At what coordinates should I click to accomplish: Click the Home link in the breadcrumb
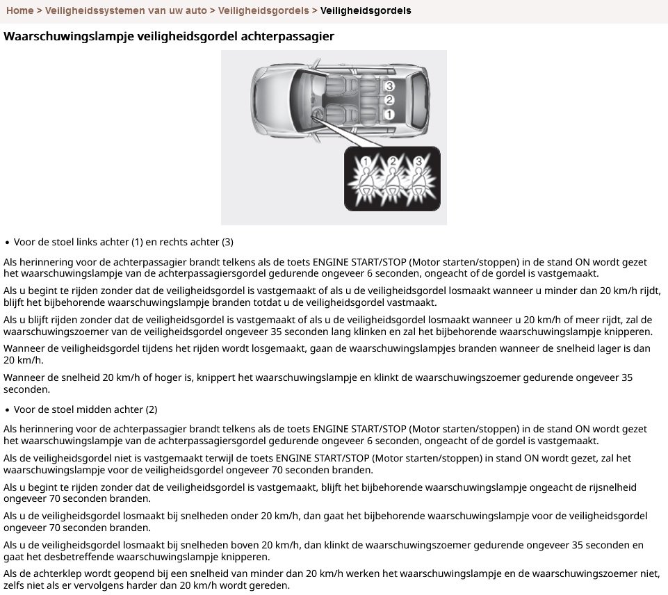coord(19,10)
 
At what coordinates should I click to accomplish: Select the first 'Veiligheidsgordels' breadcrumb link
coord(264,10)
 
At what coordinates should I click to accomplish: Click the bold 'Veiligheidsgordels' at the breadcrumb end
coord(366,10)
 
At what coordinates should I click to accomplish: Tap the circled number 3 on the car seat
coord(390,86)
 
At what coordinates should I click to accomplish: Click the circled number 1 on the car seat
coord(390,114)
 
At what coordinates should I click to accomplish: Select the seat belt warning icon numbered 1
coord(366,179)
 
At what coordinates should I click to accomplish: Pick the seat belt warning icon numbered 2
coord(393,179)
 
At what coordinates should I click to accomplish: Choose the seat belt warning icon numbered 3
coord(419,179)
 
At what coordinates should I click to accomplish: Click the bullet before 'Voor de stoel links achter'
coord(7,243)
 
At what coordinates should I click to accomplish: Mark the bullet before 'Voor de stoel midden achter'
coord(7,410)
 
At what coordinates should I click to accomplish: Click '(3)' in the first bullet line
coord(227,242)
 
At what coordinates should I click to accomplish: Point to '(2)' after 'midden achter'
coord(151,409)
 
